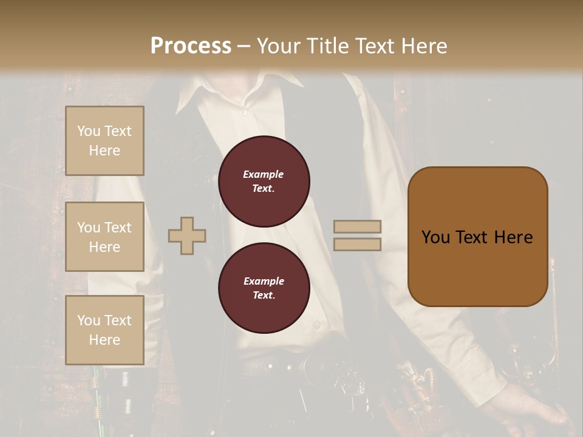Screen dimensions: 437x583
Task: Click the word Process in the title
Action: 191,46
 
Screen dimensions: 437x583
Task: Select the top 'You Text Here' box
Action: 104,141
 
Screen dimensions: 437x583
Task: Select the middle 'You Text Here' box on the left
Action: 104,237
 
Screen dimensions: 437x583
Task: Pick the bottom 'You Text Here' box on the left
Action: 104,330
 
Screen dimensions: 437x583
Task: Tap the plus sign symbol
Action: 187,235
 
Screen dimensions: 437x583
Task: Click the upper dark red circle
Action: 264,181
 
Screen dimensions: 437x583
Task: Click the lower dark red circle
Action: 264,288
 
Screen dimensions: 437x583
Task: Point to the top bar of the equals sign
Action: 357,227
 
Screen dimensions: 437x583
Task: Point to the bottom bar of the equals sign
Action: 357,244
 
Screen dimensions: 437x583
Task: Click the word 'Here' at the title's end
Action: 423,46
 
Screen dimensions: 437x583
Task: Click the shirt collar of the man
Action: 200,97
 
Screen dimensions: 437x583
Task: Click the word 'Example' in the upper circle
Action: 264,174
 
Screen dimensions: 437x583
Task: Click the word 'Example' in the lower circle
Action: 264,281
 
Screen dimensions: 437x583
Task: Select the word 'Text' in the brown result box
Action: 472,237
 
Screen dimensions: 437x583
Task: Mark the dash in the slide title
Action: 244,46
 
